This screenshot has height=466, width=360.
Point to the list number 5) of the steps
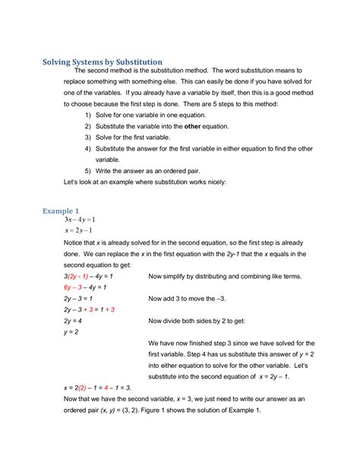(x=89, y=171)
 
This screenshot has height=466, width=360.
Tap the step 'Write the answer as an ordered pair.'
(x=152, y=171)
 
